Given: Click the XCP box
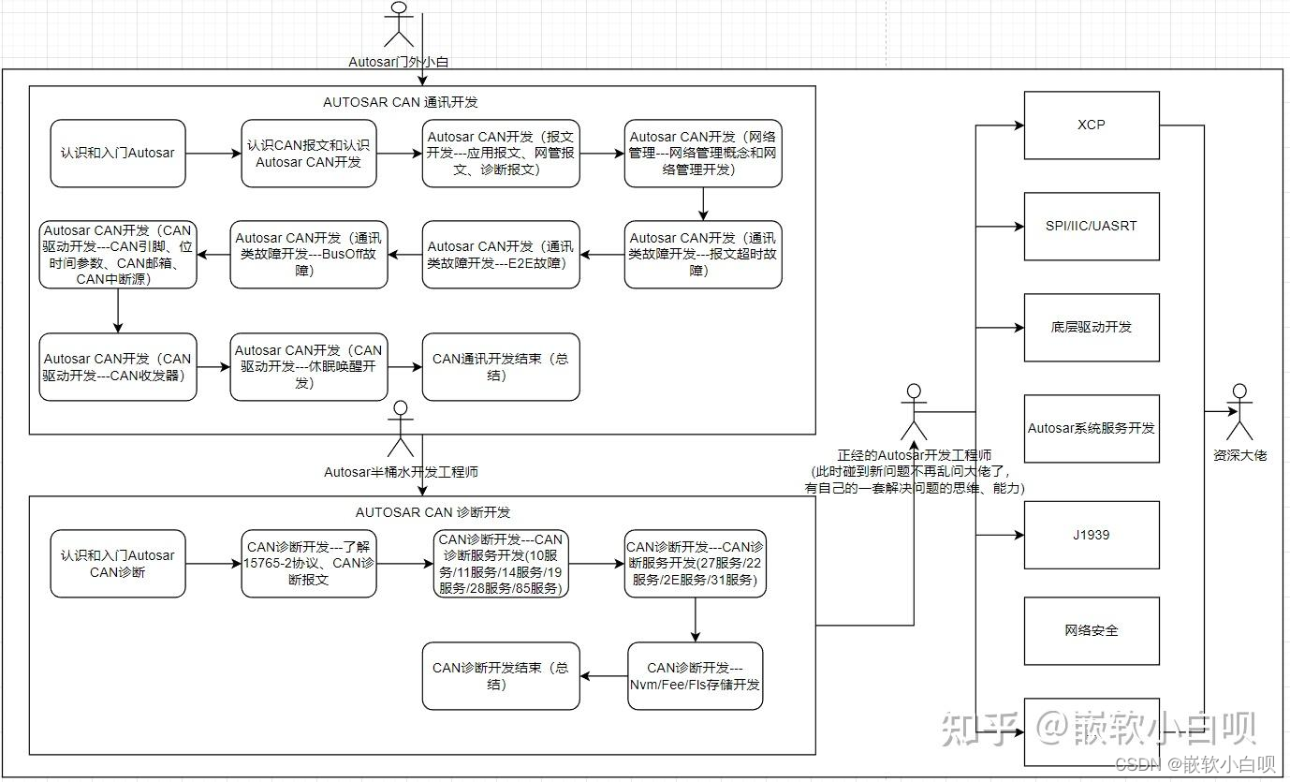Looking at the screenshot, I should pyautogui.click(x=1092, y=125).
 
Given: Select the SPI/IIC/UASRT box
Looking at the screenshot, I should pyautogui.click(x=1092, y=226).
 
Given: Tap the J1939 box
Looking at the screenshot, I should pyautogui.click(x=1092, y=535).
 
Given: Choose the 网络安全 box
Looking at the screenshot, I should pyautogui.click(x=1092, y=630).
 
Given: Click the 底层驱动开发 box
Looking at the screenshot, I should pyautogui.click(x=1092, y=327).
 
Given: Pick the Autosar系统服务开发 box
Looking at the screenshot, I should pyautogui.click(x=1092, y=428).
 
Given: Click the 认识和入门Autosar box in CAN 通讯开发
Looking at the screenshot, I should pyautogui.click(x=118, y=153).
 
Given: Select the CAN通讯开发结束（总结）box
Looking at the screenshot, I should pyautogui.click(x=500, y=366).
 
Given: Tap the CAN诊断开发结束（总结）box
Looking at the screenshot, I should pyautogui.click(x=500, y=675).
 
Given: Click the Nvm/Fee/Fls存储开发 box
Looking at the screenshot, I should pyautogui.click(x=695, y=675).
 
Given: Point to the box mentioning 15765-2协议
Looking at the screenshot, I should pyautogui.click(x=308, y=563).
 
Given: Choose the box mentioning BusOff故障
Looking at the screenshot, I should pyautogui.click(x=308, y=254).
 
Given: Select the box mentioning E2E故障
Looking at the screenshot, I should pyautogui.click(x=500, y=254).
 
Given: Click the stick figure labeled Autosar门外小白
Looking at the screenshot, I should pyautogui.click(x=399, y=26).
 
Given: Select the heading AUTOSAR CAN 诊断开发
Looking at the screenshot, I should pyautogui.click(x=432, y=512).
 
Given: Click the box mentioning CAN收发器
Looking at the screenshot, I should pyautogui.click(x=118, y=366).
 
